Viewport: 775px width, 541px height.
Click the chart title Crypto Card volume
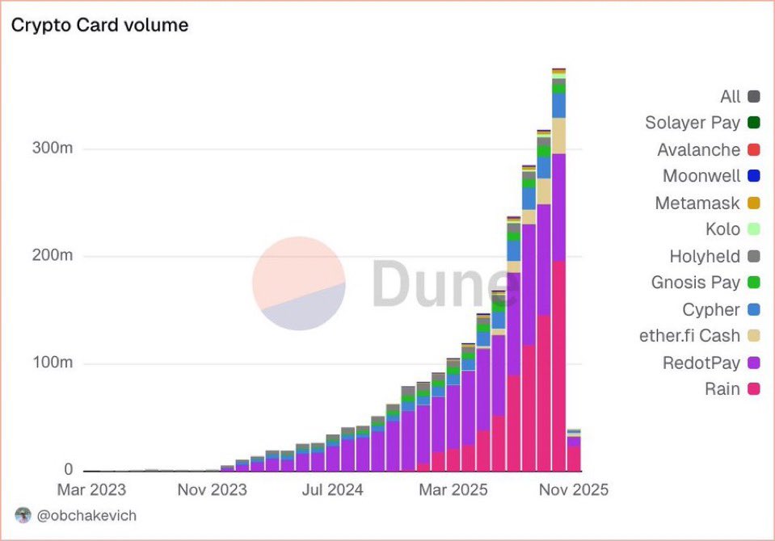click(99, 25)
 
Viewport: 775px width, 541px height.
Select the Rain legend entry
click(722, 389)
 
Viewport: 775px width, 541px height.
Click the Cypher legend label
click(710, 309)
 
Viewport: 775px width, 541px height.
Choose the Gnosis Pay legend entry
click(695, 283)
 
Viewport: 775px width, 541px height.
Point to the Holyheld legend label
click(704, 256)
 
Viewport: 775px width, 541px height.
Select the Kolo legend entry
click(722, 229)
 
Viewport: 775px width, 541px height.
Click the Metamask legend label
click(697, 203)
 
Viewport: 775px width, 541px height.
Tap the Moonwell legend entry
click(701, 176)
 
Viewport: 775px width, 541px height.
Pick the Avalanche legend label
click(698, 149)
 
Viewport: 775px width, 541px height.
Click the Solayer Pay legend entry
click(692, 123)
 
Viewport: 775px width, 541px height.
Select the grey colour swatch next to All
click(754, 97)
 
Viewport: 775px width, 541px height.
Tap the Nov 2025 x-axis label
click(573, 489)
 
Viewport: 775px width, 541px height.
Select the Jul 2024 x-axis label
click(334, 489)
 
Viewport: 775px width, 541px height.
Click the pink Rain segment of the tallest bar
click(558, 363)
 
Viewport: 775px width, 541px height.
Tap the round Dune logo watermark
click(299, 283)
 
